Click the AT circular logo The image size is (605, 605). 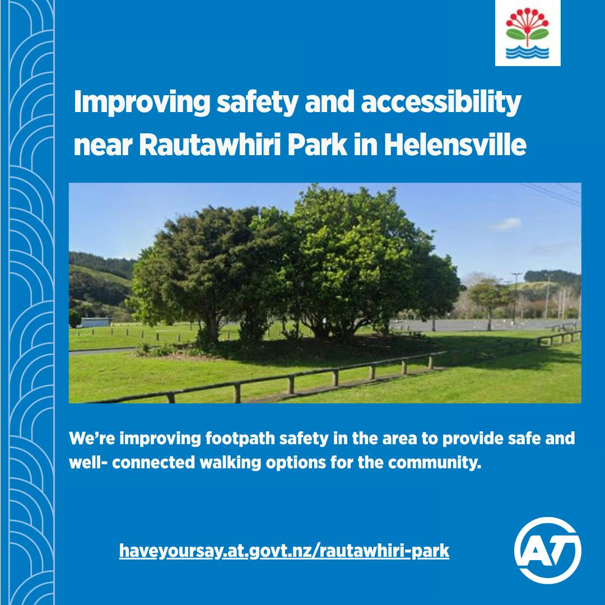coord(547,551)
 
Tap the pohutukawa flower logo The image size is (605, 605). coord(528,33)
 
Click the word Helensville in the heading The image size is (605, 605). coord(455,145)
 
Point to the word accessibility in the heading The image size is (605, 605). coord(441,103)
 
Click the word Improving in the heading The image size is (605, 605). coord(142,103)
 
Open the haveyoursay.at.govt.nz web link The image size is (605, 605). coord(284,551)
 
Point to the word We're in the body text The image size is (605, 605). coord(92,439)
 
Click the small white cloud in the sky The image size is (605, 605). coord(505,224)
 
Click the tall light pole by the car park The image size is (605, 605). coord(516,297)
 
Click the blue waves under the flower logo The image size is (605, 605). coord(528,53)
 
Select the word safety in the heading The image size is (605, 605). coord(257,103)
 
